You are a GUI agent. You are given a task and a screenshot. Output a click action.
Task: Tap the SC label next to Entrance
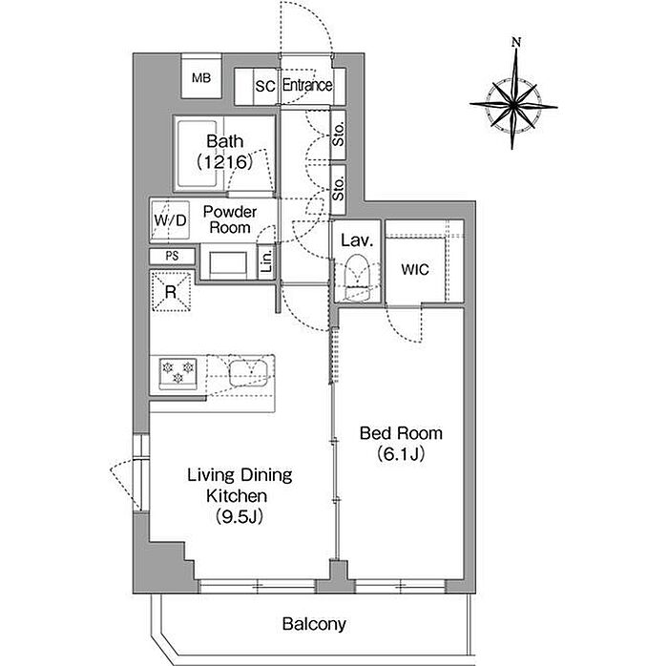265,86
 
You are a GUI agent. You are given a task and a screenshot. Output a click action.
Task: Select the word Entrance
307,85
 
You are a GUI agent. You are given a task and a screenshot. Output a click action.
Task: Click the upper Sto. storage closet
338,135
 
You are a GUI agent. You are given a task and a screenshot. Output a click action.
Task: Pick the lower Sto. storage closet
338,190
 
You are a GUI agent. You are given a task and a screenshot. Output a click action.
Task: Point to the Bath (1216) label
224,152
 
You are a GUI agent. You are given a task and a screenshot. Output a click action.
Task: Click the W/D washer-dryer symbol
171,220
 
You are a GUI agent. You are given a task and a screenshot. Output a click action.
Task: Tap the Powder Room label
230,219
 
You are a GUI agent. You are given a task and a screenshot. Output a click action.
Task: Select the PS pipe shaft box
172,256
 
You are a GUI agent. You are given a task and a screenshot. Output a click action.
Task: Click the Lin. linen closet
266,261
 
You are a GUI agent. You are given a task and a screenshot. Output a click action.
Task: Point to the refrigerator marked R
171,292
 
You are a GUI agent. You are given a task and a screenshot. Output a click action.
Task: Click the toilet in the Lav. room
357,278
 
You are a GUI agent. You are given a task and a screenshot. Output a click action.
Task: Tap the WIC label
415,269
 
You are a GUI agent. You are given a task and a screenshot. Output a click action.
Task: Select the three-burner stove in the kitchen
178,373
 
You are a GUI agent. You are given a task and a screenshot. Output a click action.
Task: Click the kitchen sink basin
248,373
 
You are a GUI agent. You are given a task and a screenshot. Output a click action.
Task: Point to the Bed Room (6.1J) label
401,444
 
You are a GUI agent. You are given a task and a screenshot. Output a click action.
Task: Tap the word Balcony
314,624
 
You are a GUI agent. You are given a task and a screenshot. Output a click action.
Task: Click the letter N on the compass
516,42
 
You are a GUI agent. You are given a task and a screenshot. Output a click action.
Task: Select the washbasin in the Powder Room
228,262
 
